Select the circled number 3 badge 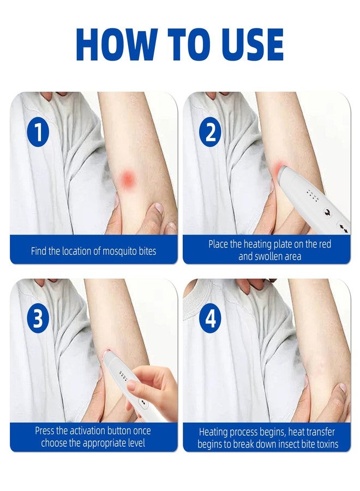coord(38,320)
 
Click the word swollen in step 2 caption coord(268,256)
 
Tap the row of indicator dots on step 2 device coord(313,194)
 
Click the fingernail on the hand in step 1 coord(159,207)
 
